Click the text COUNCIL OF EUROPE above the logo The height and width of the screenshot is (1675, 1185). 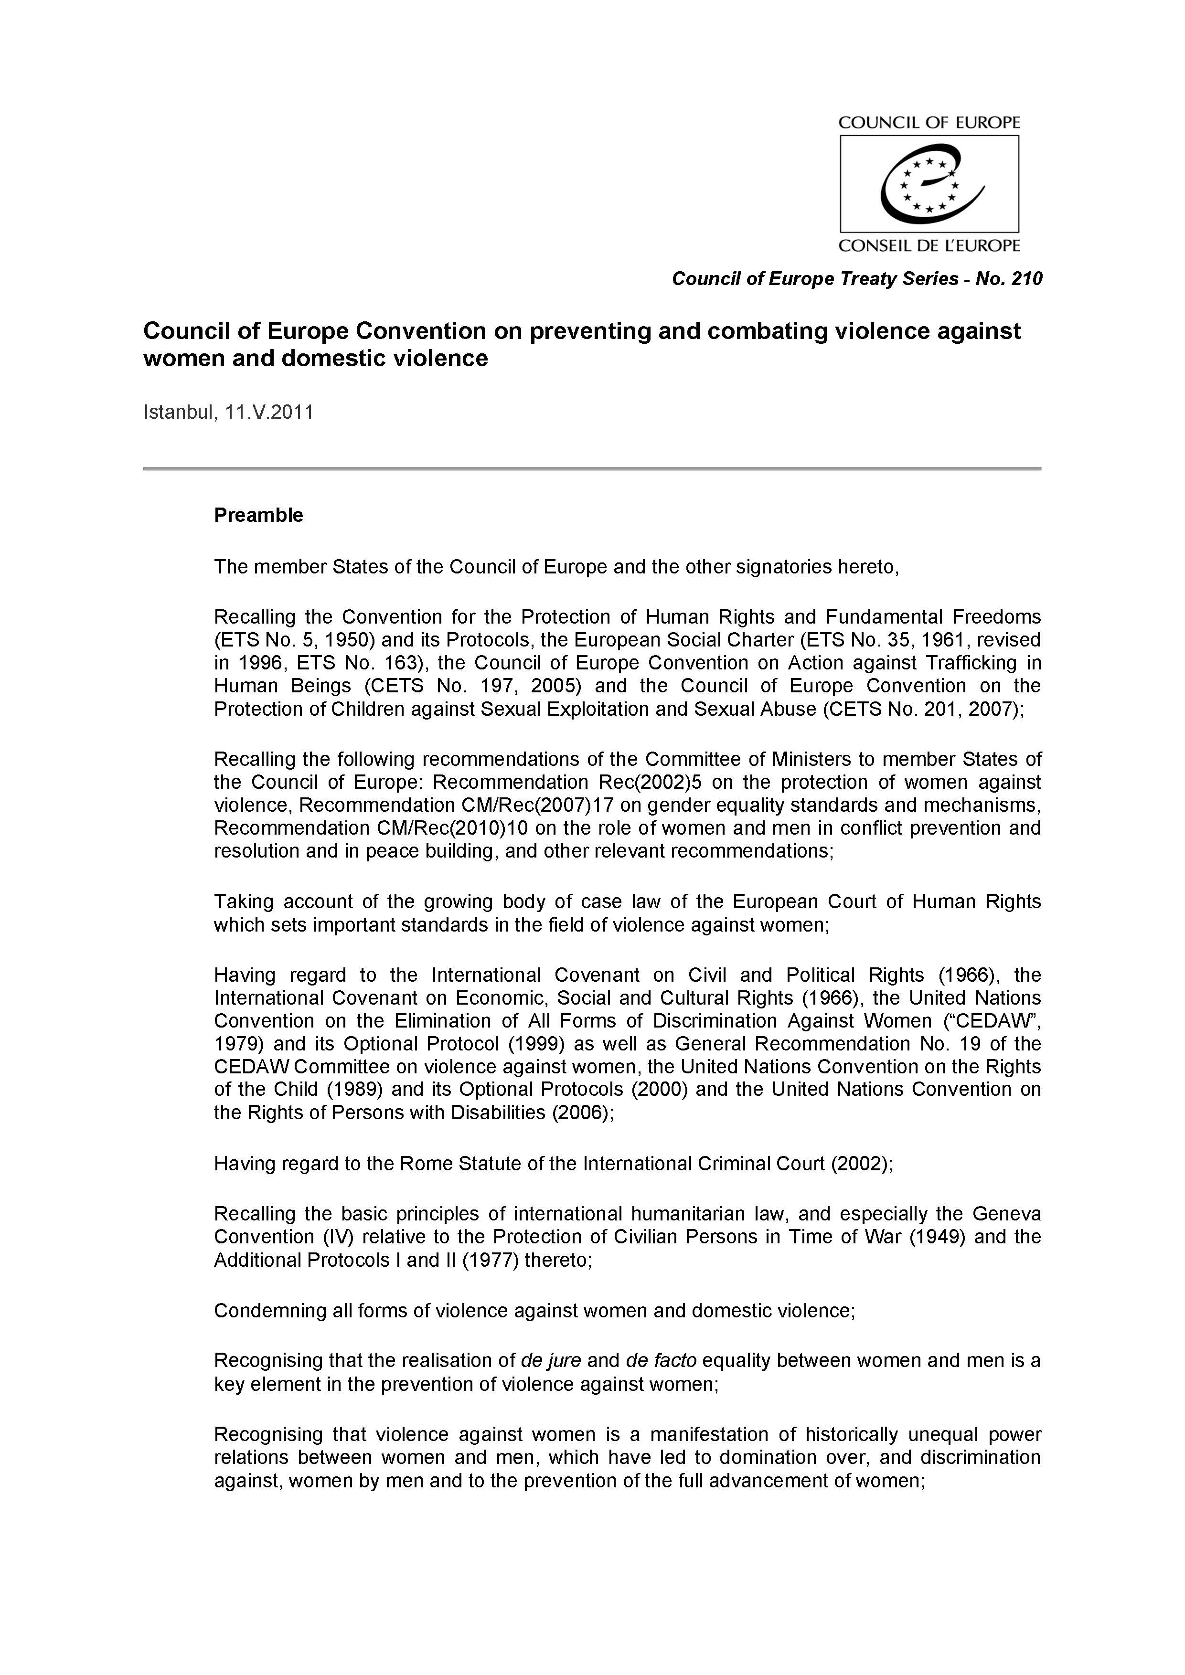929,123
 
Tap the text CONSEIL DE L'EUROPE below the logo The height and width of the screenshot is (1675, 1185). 929,246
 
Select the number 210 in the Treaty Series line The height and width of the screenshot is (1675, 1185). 1026,279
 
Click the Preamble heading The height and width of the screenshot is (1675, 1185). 258,515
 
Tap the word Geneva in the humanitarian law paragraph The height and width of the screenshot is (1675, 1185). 1006,1214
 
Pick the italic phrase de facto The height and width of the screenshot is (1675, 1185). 661,1360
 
